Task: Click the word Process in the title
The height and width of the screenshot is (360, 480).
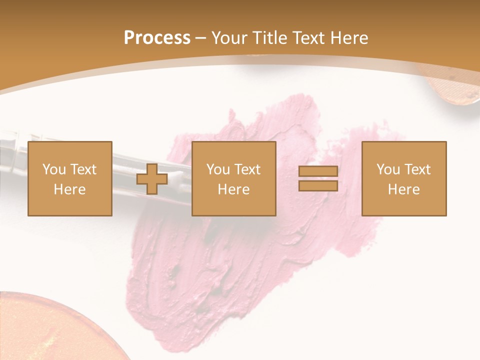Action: pyautogui.click(x=157, y=38)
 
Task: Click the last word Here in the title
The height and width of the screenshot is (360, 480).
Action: pyautogui.click(x=349, y=38)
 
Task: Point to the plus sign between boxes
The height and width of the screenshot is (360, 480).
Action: pyautogui.click(x=152, y=179)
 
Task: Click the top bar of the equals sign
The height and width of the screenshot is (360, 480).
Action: pyautogui.click(x=318, y=171)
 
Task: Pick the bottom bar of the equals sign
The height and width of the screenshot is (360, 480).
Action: pyautogui.click(x=318, y=185)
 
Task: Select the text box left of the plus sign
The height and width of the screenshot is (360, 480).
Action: pyautogui.click(x=69, y=178)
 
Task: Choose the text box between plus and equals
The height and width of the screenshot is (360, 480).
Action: pyautogui.click(x=233, y=178)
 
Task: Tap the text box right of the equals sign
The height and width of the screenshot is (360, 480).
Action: pyautogui.click(x=403, y=178)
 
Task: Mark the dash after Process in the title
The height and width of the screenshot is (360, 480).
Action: pyautogui.click(x=201, y=38)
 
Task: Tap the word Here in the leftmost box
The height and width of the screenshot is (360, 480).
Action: pyautogui.click(x=69, y=189)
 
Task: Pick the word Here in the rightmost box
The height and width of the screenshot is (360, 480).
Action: pyautogui.click(x=403, y=189)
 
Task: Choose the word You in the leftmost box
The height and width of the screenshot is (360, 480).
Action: pyautogui.click(x=53, y=169)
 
